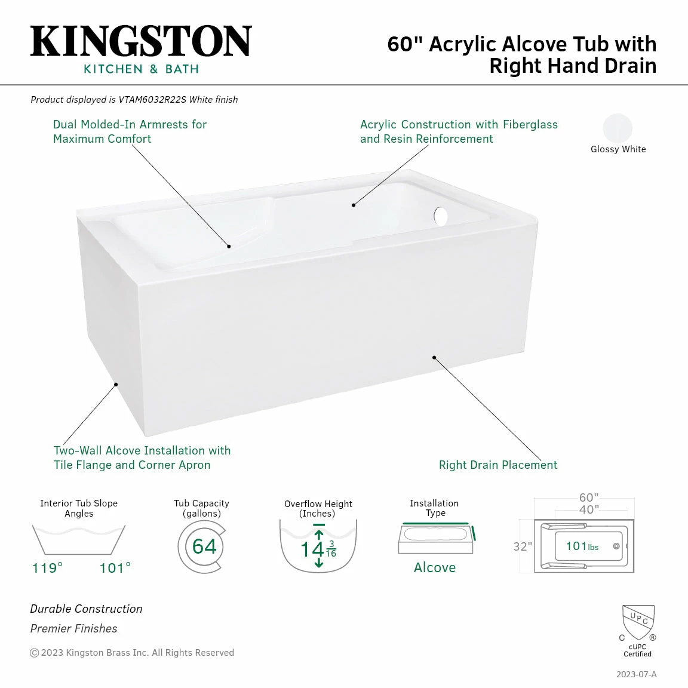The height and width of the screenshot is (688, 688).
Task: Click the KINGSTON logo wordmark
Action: click(141, 42)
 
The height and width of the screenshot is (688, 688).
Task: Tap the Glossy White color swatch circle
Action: click(618, 128)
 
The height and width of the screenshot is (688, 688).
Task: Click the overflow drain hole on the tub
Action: click(441, 216)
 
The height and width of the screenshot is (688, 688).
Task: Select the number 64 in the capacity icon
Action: click(204, 546)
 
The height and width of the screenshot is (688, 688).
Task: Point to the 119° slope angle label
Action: click(47, 568)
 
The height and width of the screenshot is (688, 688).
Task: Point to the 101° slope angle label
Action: click(115, 568)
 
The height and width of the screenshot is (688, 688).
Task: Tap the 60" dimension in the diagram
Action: click(588, 497)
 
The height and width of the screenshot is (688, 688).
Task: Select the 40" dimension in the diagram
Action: click(588, 509)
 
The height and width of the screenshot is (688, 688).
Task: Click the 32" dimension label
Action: click(522, 546)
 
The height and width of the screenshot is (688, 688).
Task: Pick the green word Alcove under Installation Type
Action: click(435, 568)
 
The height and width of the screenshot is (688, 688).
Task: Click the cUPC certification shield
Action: click(638, 622)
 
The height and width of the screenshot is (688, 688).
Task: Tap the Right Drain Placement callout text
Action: click(498, 465)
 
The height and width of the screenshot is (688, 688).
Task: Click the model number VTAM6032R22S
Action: click(152, 100)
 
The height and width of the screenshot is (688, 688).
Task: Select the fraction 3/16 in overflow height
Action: click(331, 549)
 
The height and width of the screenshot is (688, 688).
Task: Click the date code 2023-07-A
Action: click(636, 674)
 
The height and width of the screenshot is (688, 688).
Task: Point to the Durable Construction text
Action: click(87, 609)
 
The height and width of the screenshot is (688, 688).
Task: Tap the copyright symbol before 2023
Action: click(34, 653)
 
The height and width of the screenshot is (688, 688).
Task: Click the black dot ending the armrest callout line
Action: click(229, 246)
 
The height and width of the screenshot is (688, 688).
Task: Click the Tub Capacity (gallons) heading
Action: click(201, 508)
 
